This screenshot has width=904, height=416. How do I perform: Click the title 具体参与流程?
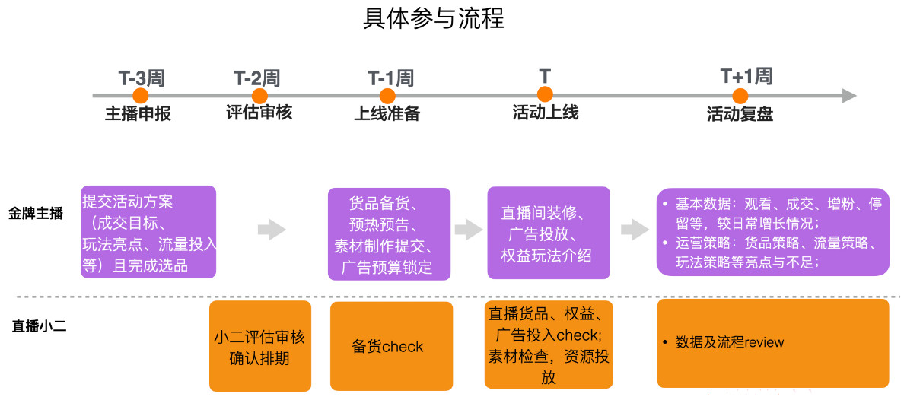pos(434,18)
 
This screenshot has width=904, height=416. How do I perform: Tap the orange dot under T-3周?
pos(140,96)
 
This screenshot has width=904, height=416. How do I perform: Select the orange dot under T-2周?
pos(259,96)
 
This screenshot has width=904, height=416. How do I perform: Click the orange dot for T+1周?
pos(740,96)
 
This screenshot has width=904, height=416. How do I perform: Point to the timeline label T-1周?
pos(390,78)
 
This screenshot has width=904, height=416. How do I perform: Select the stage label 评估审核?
pos(259,113)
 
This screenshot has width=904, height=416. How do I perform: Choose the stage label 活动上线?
pos(545,113)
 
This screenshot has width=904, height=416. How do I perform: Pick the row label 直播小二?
pos(39,326)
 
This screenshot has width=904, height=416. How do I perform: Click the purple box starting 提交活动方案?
pos(148,232)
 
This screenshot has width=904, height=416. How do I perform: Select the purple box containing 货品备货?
pos(389,234)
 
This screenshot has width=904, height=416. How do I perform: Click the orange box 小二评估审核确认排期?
pos(260,346)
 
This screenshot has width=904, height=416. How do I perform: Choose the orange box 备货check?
pos(391,346)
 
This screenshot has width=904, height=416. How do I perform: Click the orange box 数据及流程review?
pos(772,343)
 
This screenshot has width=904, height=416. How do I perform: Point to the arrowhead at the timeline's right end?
pos(849,96)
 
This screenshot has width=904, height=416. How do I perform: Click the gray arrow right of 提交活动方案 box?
pos(272,230)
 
